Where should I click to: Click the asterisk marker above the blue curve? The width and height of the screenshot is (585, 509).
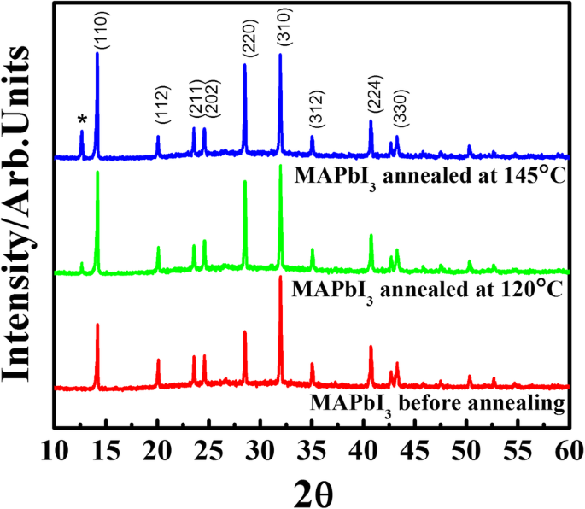tap(82, 120)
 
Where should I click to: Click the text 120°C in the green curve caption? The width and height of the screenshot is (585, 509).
tap(524, 289)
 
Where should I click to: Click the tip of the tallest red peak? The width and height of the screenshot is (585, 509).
tap(280, 277)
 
